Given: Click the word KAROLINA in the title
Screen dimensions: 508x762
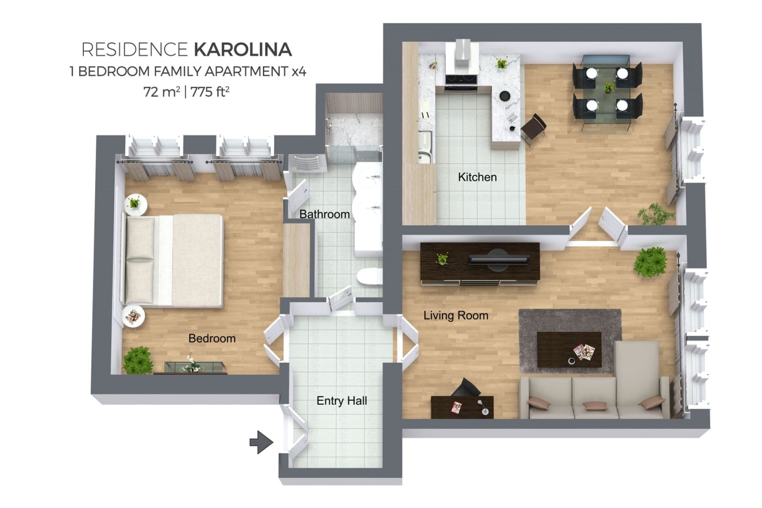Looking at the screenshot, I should pyautogui.click(x=243, y=50).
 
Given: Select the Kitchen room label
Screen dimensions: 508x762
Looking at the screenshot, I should pyautogui.click(x=477, y=177).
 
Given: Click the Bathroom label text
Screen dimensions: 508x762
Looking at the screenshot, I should pyautogui.click(x=324, y=214).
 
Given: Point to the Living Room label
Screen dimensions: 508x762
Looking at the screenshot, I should pyautogui.click(x=456, y=315).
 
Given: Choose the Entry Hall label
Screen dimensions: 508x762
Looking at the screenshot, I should pyautogui.click(x=342, y=400).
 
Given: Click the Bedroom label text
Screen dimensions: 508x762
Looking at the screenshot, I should pyautogui.click(x=212, y=338).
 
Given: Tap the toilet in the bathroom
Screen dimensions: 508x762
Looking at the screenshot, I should pyautogui.click(x=368, y=277).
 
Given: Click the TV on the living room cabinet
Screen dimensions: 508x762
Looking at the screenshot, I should pyautogui.click(x=499, y=259).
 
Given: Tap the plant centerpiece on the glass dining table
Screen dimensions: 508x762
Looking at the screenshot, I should pyautogui.click(x=609, y=88).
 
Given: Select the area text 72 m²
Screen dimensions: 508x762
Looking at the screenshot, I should pyautogui.click(x=162, y=92).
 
